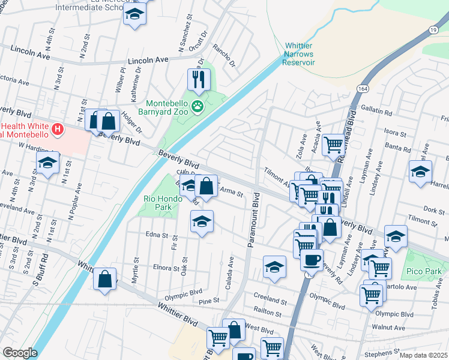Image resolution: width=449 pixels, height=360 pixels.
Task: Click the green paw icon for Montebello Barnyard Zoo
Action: coord(198,107)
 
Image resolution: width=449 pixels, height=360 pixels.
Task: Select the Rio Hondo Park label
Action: coord(157,203)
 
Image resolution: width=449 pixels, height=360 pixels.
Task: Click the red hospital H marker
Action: coord(58,128)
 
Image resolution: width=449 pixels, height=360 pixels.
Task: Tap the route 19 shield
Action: coord(434,29)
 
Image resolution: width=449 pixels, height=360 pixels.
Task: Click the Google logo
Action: coord(20,353)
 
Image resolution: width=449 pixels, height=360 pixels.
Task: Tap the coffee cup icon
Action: coord(311,260)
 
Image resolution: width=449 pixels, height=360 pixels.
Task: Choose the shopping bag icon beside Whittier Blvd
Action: coord(104,278)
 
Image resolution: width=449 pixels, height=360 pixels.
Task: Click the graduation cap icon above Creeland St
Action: coord(274,266)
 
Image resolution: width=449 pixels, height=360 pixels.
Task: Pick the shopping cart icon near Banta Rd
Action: coord(333,144)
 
